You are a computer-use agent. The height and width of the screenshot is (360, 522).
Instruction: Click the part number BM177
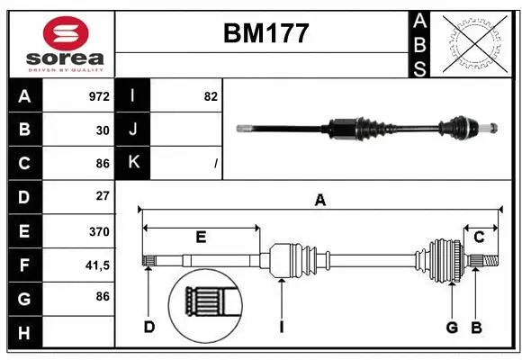(265, 34)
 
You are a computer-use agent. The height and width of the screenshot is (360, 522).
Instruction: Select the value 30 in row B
(103, 130)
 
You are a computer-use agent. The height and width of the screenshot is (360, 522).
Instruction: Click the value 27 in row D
(103, 196)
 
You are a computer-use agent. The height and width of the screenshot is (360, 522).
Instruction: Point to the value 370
(99, 231)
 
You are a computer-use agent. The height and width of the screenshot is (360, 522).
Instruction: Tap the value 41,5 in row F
(97, 265)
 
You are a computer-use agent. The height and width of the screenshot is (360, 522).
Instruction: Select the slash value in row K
(216, 164)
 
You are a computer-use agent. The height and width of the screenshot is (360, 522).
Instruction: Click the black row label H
(24, 334)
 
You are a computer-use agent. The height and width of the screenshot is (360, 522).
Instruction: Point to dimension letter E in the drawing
(201, 238)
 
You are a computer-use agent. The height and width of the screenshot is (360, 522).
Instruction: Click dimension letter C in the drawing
(479, 237)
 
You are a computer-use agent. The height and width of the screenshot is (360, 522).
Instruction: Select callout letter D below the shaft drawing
(149, 327)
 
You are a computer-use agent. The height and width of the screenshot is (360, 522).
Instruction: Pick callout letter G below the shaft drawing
(451, 327)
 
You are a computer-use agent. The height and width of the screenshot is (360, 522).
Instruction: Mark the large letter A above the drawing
(319, 201)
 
